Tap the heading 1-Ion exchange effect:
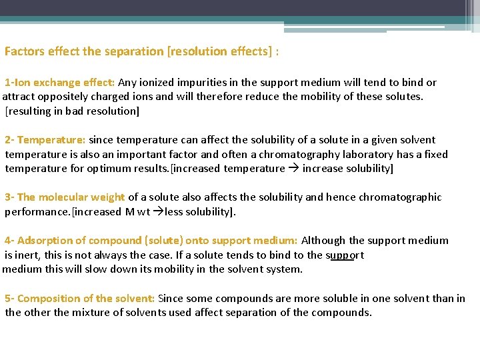point(60,83)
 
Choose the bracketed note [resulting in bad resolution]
point(72,111)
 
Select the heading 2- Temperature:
point(45,140)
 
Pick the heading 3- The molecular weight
point(65,197)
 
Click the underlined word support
point(345,255)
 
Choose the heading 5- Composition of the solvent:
point(80,299)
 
